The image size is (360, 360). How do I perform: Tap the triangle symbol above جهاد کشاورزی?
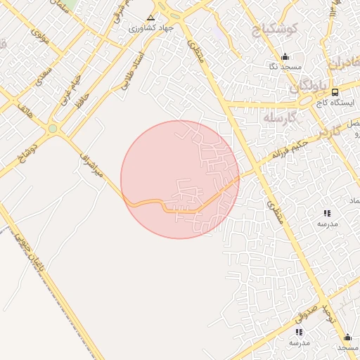click(x=150, y=17)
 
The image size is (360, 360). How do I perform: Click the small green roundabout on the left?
click(x=52, y=129)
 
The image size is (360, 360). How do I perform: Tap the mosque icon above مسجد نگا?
click(x=284, y=56)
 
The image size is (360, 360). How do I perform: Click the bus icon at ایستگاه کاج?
click(x=334, y=92)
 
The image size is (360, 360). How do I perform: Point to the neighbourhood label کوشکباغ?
click(x=276, y=30)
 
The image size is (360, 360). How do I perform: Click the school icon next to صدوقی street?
click(x=299, y=331)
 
